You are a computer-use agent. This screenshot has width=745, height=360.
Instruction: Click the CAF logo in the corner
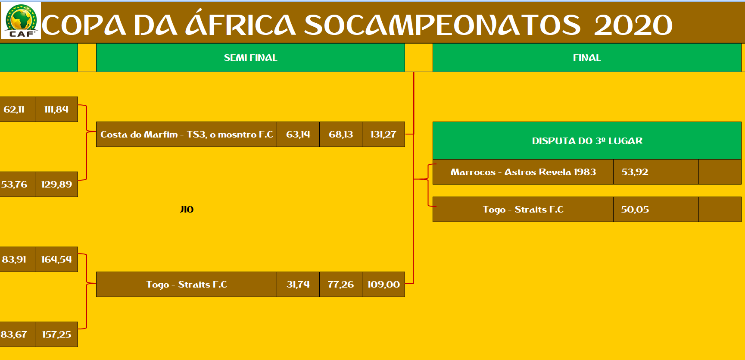(x=21, y=21)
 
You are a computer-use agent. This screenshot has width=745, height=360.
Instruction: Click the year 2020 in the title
(x=633, y=25)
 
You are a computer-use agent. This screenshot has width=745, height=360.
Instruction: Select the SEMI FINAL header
(x=250, y=58)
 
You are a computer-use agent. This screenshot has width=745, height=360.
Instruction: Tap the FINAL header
(x=587, y=58)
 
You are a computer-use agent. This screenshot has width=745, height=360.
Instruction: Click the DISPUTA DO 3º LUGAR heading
(x=587, y=141)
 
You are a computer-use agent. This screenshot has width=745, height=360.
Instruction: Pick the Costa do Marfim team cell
(x=187, y=135)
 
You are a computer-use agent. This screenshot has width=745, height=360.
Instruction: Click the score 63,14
(x=298, y=135)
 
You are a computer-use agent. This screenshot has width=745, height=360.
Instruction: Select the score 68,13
(x=341, y=135)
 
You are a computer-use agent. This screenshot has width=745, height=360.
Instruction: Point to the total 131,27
(x=383, y=135)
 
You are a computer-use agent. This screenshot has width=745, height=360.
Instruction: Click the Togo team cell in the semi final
(x=187, y=285)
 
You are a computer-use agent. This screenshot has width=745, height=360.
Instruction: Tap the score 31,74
(x=298, y=285)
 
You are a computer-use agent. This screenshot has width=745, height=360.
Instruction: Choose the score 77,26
(x=341, y=285)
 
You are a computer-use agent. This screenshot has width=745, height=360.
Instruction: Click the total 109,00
(x=383, y=285)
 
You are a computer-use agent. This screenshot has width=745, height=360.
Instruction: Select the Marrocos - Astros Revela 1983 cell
(x=523, y=172)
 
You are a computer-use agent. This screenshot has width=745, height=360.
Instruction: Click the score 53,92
(x=635, y=172)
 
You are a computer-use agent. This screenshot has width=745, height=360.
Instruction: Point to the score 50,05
(x=635, y=210)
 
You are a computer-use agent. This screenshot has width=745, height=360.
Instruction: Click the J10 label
(x=187, y=210)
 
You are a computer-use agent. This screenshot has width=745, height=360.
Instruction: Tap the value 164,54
(x=56, y=260)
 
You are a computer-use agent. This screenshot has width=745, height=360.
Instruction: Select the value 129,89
(x=56, y=185)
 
